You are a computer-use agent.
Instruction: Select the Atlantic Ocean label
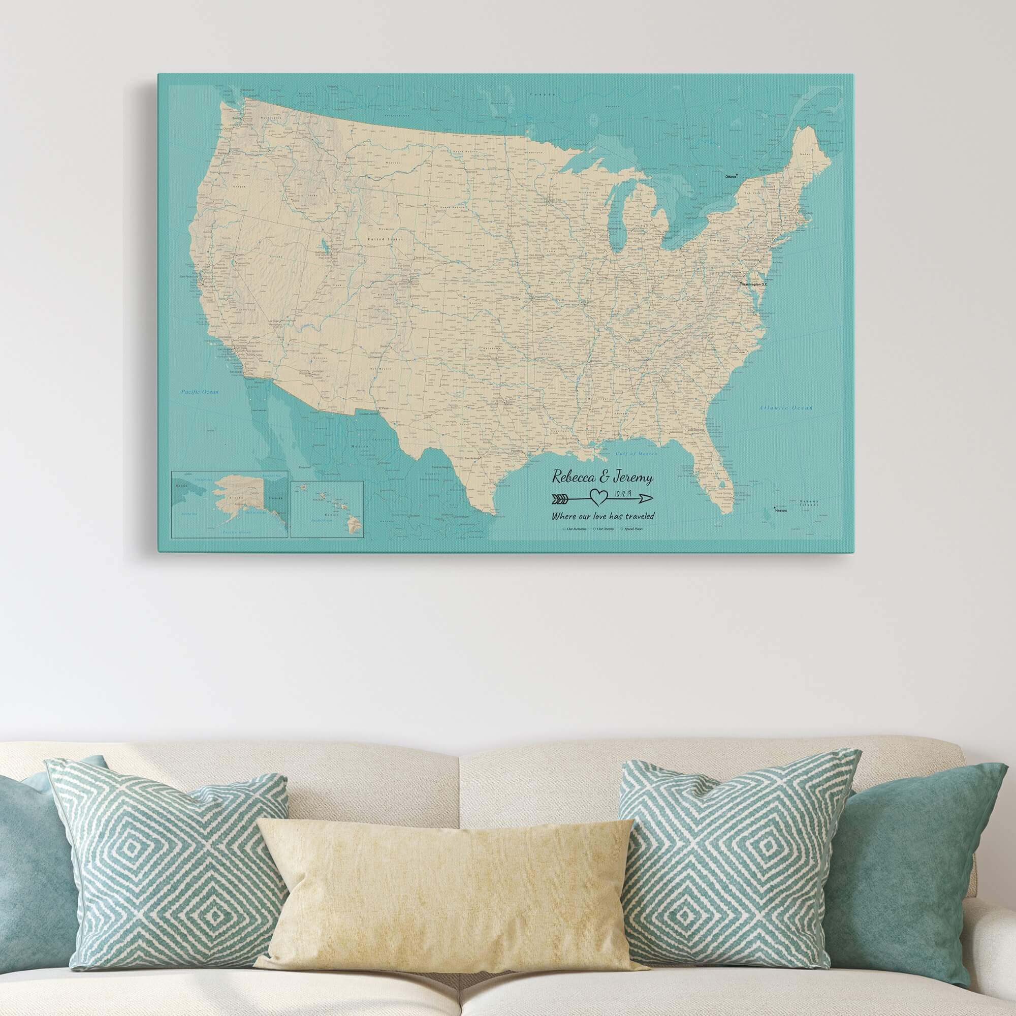click(x=786, y=407)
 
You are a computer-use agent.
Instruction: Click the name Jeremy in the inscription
click(x=634, y=478)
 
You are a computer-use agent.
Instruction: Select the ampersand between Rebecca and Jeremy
click(x=606, y=478)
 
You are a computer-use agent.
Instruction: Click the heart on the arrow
click(x=596, y=496)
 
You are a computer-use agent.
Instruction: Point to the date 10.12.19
click(x=619, y=494)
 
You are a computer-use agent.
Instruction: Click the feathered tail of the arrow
click(x=561, y=497)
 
